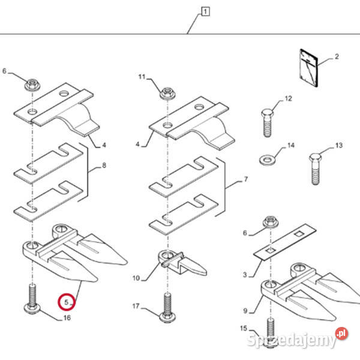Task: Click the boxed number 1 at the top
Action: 206,11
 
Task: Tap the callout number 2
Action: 337,57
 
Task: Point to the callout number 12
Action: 287,98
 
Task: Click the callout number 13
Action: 338,146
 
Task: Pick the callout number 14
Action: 291,146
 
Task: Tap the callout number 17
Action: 136,306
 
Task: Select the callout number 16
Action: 67,317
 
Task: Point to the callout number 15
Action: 242,328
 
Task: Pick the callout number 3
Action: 244,274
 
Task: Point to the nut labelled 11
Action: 166,93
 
